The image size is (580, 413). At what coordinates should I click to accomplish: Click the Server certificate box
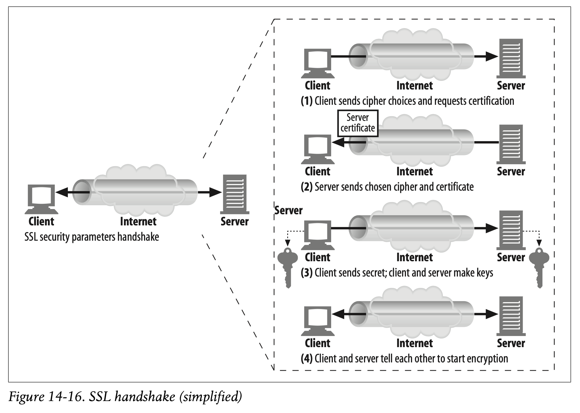click(358, 123)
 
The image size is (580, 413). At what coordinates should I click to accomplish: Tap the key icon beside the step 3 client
click(288, 267)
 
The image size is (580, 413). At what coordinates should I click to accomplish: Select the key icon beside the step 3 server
click(539, 267)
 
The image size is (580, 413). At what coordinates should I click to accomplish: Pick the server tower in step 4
click(511, 316)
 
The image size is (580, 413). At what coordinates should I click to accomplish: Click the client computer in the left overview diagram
click(42, 199)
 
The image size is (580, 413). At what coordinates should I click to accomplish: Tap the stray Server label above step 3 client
click(288, 210)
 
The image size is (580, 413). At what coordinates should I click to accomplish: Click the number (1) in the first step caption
click(307, 101)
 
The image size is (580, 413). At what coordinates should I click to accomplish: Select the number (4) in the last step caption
click(307, 359)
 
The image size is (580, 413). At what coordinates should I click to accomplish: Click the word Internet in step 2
click(415, 171)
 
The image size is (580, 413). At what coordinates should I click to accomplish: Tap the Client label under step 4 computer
click(318, 343)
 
